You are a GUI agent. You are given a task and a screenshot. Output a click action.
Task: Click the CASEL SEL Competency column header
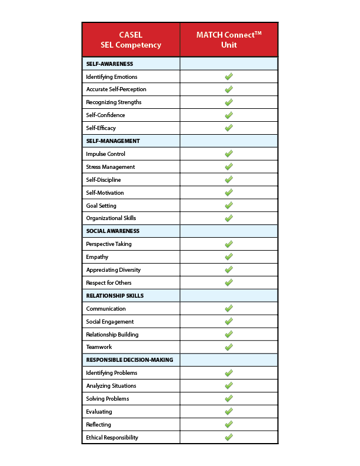point(131,39)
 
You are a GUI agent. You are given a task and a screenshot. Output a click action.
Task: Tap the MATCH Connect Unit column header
point(229,39)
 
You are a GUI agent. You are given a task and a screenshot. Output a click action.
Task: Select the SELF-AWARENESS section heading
point(109,64)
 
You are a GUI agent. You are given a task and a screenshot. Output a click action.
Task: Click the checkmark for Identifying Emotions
point(229,76)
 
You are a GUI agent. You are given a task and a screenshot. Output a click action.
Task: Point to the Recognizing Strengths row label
point(114,102)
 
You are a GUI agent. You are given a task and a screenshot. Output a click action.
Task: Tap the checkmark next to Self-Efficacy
point(229,128)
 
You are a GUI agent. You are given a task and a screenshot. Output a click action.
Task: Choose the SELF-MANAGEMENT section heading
point(112,141)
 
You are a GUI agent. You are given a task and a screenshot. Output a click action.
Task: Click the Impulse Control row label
point(106,154)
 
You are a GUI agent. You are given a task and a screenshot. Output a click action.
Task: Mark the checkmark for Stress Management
point(229,167)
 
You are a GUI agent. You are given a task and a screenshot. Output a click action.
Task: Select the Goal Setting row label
point(101,206)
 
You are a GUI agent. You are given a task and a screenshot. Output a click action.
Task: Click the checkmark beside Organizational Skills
point(229,218)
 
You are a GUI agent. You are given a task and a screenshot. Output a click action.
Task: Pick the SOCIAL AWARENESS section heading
point(112,231)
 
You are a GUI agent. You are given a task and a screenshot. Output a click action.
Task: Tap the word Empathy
point(97,257)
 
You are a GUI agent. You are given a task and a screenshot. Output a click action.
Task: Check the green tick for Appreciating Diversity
point(229,269)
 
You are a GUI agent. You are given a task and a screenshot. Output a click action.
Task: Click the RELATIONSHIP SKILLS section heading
point(115,296)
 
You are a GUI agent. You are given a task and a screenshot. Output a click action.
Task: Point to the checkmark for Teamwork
point(229,347)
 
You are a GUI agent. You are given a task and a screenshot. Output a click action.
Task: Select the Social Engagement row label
point(110,322)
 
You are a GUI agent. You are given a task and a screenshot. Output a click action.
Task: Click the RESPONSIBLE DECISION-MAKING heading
point(129,360)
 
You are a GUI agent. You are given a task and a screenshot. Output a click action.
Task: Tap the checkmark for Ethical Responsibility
point(229,437)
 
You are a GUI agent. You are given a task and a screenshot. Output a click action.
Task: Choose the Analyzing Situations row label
point(111,386)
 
